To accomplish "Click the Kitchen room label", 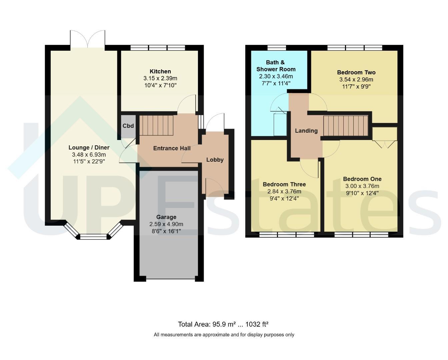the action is (160, 71).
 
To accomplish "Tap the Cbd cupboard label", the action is (128, 126).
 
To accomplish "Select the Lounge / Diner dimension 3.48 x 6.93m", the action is (89, 155).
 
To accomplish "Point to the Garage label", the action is (166, 217).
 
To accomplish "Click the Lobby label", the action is (215, 160).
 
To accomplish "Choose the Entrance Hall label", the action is (172, 148).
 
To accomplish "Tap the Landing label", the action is (306, 131).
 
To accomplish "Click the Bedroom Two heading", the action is (356, 72).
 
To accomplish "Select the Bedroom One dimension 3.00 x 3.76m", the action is (362, 186).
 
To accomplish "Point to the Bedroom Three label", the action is (284, 184).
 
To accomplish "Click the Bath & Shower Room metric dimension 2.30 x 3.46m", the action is (276, 76).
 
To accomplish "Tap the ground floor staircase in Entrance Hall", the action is (156, 125).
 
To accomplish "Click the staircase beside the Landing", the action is (346, 126).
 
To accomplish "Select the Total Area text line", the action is (223, 324).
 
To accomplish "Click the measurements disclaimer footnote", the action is (224, 335).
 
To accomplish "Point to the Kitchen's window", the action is (158, 48).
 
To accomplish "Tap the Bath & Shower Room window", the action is (276, 48).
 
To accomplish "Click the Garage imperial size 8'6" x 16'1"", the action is (166, 231).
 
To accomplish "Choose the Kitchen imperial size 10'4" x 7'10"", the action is (160, 85).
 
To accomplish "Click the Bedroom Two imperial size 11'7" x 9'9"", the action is (356, 86).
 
